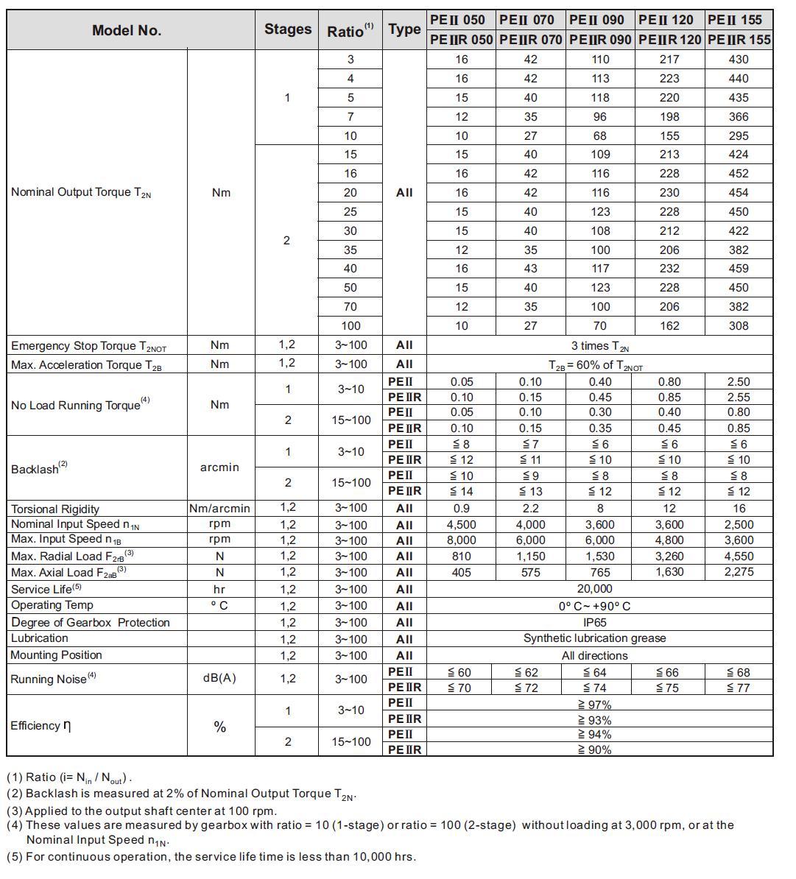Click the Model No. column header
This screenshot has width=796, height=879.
[x=127, y=30]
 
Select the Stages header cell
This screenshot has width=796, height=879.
[x=287, y=29]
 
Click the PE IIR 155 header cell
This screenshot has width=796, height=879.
[x=739, y=40]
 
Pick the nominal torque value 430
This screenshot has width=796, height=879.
[x=738, y=60]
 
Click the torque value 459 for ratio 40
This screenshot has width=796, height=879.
[x=738, y=269]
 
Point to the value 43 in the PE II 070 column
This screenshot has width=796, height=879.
[x=530, y=269]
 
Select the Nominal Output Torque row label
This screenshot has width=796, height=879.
[x=81, y=192]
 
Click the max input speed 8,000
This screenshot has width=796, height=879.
[x=461, y=540]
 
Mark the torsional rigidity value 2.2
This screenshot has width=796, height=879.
[x=530, y=509]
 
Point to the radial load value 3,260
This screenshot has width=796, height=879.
[x=669, y=557]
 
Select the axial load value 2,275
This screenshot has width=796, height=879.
[x=738, y=572]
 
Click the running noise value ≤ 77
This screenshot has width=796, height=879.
[x=738, y=688]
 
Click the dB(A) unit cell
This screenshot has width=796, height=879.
[x=219, y=679]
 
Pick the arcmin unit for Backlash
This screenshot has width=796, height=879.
[x=219, y=467]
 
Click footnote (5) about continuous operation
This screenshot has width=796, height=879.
[x=211, y=857]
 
